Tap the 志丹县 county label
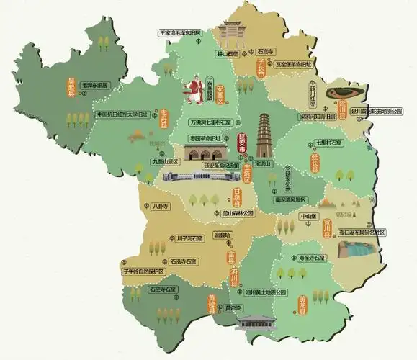click(x=163, y=119)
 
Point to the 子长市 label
click(x=261, y=69)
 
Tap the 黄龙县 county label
click(x=303, y=303)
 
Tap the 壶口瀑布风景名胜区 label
click(x=354, y=232)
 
